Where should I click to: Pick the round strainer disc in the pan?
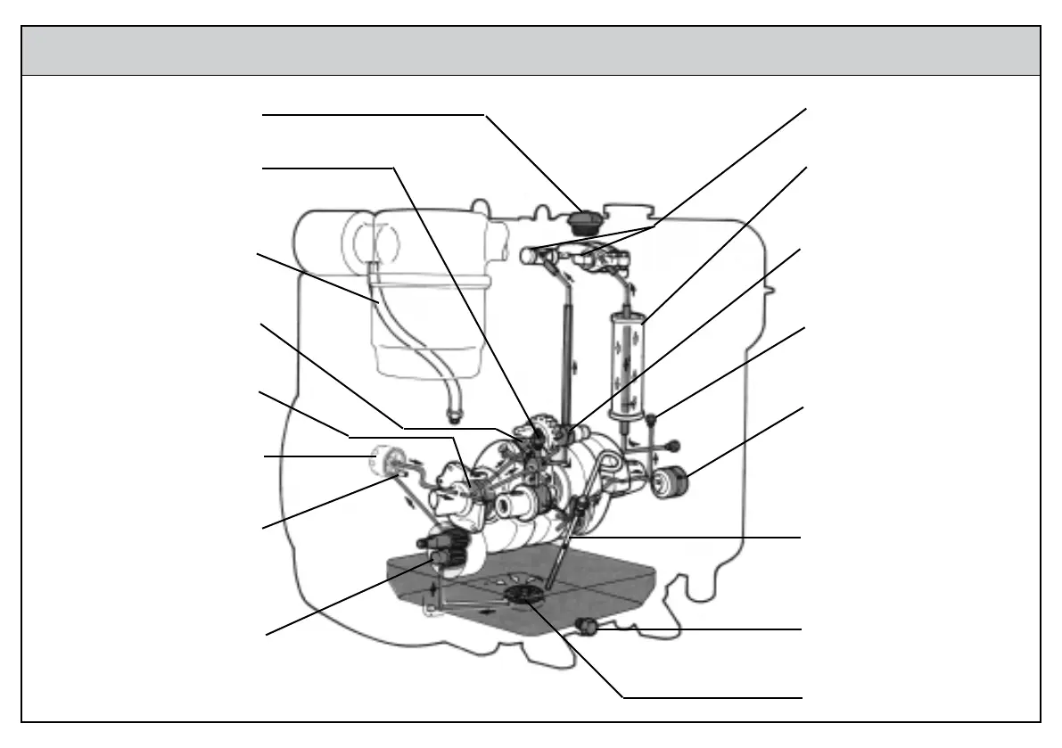click(523, 596)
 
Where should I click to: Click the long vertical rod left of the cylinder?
click(565, 357)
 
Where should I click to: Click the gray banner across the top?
click(531, 51)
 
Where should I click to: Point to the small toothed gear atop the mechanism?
click(539, 429)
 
